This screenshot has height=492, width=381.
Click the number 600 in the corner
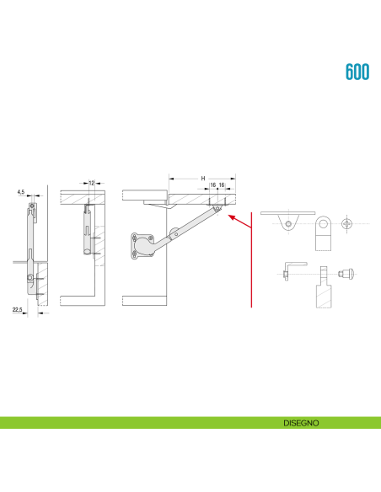[357, 72]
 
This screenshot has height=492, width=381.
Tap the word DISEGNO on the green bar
[301, 423]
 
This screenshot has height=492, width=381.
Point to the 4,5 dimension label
[20, 193]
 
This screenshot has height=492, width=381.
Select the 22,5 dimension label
[17, 310]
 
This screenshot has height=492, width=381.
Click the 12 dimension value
[91, 182]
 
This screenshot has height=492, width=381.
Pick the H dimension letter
[202, 179]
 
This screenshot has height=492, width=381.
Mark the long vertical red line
[252, 260]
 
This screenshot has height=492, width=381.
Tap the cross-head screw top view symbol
[347, 224]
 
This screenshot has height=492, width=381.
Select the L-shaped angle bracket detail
[290, 270]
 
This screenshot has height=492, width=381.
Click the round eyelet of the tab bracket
[322, 225]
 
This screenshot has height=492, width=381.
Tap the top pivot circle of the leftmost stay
[32, 206]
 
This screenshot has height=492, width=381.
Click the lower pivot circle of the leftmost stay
[31, 279]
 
